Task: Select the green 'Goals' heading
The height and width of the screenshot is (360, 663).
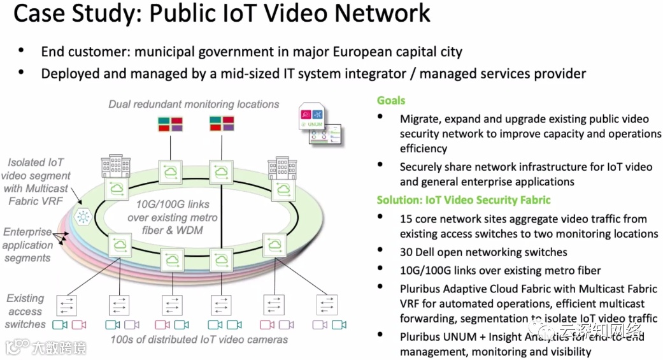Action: (391, 101)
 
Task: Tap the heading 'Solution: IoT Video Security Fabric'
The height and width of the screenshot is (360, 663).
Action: (463, 200)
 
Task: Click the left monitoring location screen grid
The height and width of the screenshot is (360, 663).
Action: (170, 124)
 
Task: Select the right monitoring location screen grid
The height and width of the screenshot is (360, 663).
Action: (222, 124)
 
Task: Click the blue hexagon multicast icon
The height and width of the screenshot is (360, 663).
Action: (83, 217)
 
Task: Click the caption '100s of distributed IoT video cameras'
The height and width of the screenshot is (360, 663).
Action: (199, 340)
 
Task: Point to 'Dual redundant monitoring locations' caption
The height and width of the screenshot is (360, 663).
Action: (194, 104)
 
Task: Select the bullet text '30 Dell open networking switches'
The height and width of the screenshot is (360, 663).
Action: (483, 252)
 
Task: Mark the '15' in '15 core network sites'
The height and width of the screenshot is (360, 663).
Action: (406, 218)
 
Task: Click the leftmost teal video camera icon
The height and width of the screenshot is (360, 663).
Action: (60, 325)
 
